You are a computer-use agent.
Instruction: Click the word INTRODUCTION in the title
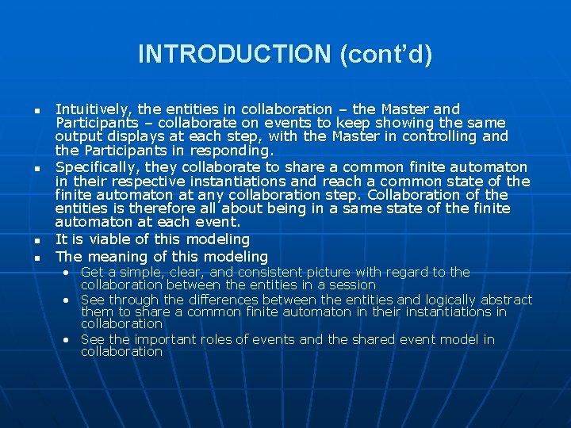click(x=235, y=55)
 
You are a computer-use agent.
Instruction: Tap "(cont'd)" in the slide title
click(x=385, y=55)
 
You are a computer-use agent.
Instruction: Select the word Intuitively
click(x=89, y=109)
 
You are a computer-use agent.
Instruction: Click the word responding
click(x=233, y=151)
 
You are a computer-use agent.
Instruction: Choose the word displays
click(x=125, y=136)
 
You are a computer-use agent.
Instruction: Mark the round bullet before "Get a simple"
click(x=68, y=273)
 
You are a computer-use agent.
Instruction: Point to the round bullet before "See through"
click(x=68, y=300)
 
